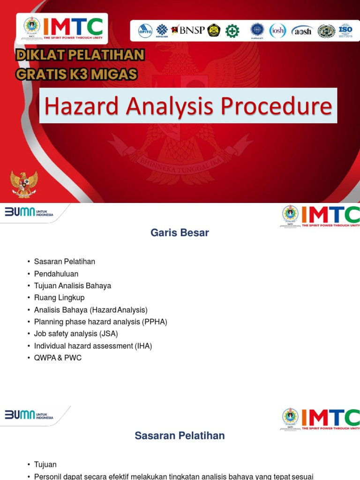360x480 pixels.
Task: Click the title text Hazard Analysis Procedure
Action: pos(188,106)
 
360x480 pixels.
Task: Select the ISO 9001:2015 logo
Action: pos(345,31)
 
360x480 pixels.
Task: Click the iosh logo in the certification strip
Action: pos(277,31)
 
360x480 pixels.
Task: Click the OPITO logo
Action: pos(145,31)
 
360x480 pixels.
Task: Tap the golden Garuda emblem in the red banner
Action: pos(24,184)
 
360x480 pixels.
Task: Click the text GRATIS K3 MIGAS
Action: pos(76,74)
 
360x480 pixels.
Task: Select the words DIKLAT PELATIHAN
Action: pos(80,55)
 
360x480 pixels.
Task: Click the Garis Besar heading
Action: pos(180,233)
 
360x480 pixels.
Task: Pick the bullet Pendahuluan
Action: pos(56,274)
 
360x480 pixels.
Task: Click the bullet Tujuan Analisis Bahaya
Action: pos(73,286)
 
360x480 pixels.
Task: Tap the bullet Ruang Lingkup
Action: pos(59,298)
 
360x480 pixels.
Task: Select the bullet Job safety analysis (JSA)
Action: pos(76,334)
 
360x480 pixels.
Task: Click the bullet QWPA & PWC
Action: pos(58,358)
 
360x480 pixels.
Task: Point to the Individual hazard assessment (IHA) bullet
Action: pos(93,346)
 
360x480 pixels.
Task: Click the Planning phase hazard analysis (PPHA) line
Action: pos(100,322)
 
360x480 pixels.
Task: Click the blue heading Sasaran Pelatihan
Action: pos(180,436)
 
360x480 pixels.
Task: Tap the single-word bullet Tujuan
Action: pos(45,465)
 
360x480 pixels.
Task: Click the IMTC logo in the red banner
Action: pos(62,29)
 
